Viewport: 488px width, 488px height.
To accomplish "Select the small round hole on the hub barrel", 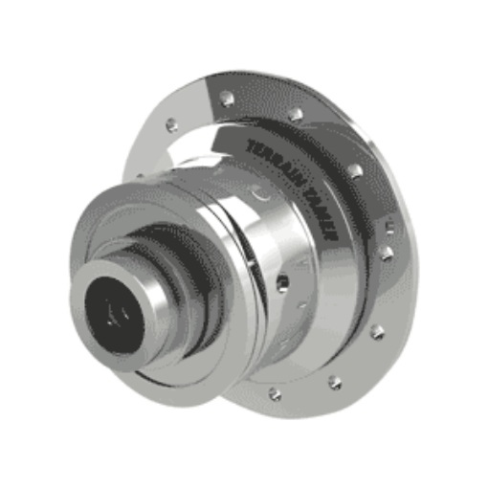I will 281,281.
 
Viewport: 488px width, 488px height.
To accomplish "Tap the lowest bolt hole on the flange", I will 275,393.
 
